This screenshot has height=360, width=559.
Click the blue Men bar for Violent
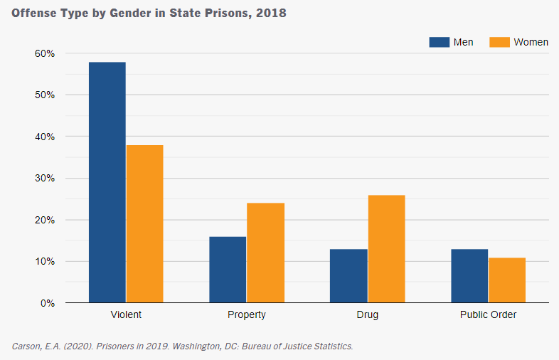(x=107, y=182)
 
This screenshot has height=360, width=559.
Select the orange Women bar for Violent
(x=144, y=224)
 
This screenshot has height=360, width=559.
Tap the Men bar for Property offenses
(x=228, y=270)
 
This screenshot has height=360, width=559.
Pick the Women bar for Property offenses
(x=265, y=253)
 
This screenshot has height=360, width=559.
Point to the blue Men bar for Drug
(x=348, y=276)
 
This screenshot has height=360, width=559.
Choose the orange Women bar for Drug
(x=386, y=249)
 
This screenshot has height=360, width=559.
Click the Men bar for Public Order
(x=469, y=276)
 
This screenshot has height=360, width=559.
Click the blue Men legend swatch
(x=439, y=42)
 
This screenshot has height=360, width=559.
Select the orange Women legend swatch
(x=500, y=42)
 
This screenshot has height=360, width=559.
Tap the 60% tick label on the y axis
(x=44, y=53)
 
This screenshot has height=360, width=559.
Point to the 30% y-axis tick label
(x=44, y=179)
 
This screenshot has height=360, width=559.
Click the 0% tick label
(x=47, y=303)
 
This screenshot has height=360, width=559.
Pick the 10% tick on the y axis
(x=44, y=262)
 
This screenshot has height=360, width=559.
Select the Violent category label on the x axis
(x=126, y=314)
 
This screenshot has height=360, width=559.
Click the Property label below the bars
(x=246, y=314)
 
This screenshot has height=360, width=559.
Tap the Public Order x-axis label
(x=488, y=314)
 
